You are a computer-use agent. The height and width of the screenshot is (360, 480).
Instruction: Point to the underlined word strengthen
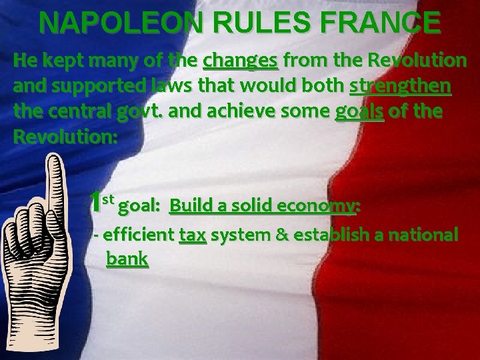398,87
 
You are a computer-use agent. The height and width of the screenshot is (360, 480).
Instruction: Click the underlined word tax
193,235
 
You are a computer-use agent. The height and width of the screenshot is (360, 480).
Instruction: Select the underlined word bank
127,259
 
